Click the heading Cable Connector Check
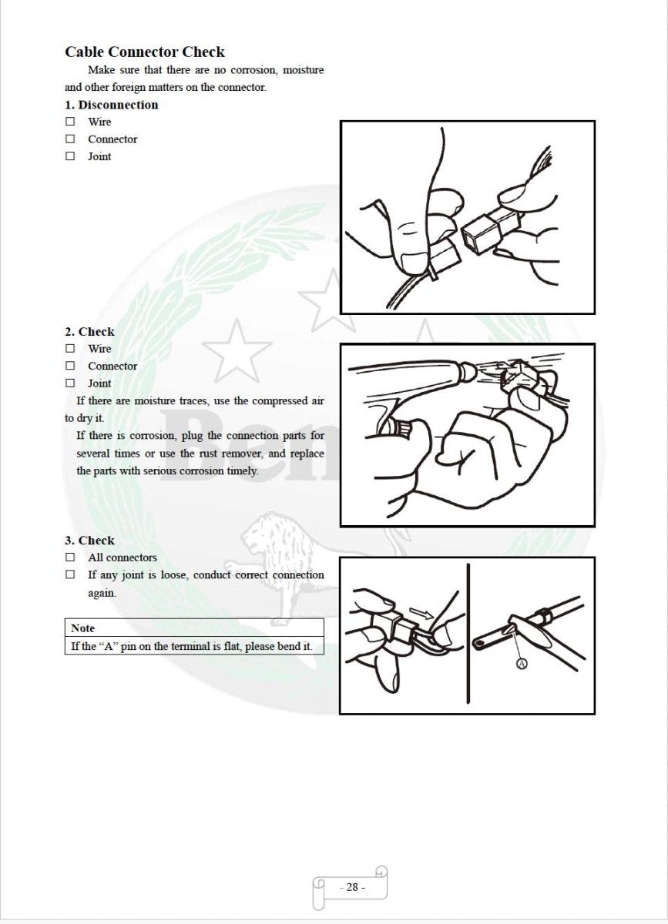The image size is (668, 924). [145, 52]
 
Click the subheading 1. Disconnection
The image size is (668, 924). [111, 105]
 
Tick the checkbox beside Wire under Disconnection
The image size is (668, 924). [70, 122]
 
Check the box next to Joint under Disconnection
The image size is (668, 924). [70, 156]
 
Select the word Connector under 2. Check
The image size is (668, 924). [112, 366]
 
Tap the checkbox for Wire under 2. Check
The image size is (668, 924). [70, 349]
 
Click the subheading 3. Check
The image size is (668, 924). [89, 541]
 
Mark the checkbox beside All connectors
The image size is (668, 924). [70, 557]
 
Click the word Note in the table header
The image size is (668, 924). [83, 628]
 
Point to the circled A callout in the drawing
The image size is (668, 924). [522, 665]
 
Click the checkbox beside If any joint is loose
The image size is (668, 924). [70, 574]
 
